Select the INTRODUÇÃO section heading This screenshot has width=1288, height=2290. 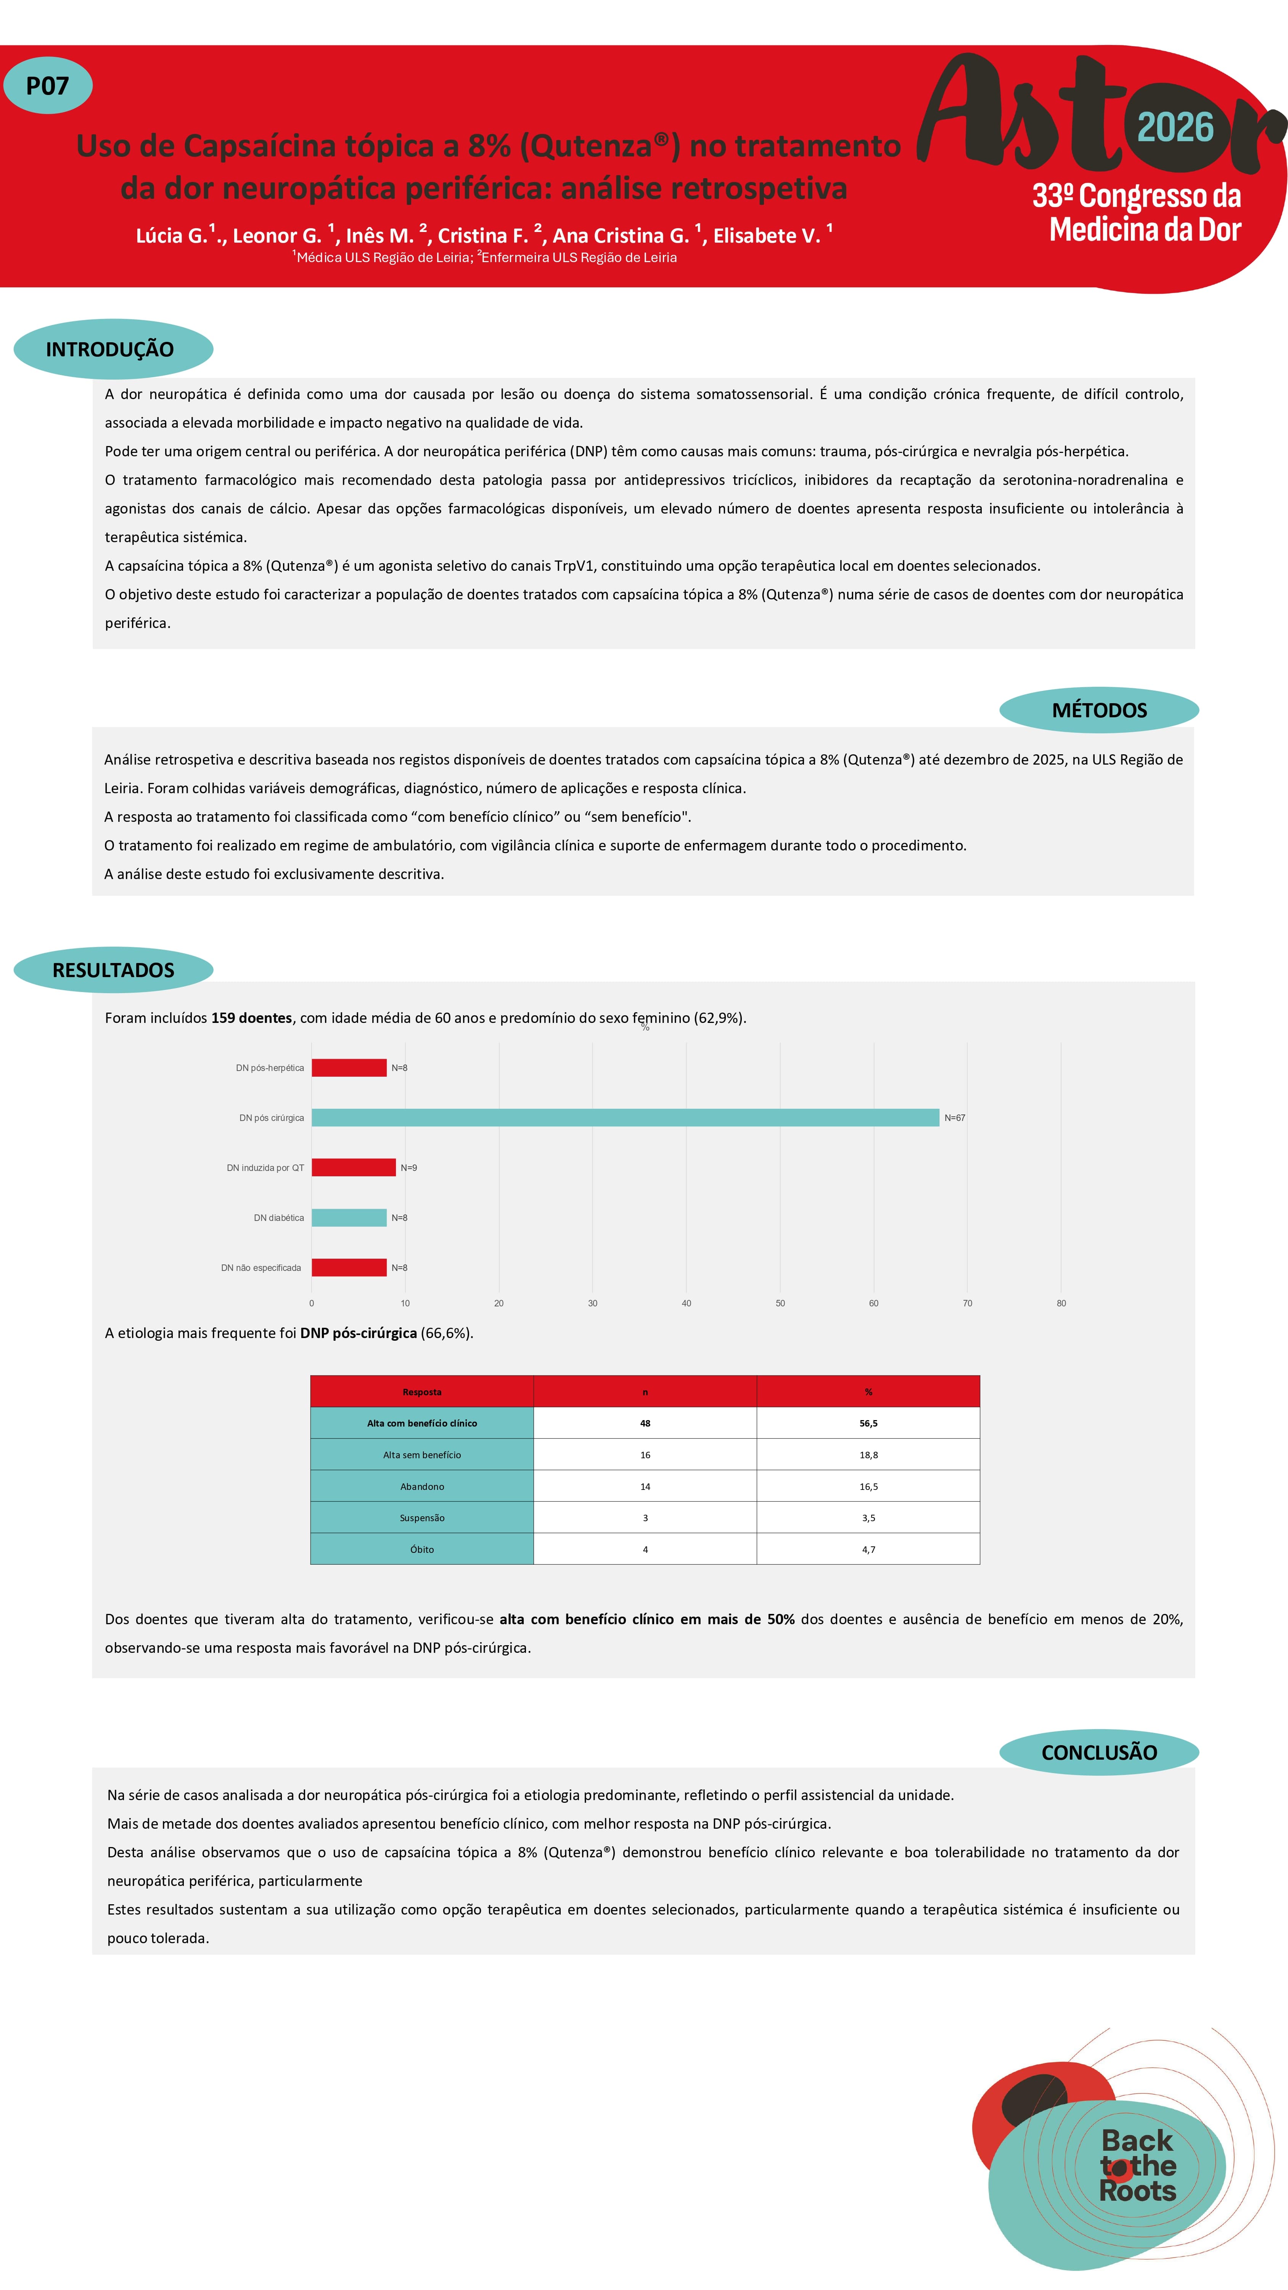tap(110, 349)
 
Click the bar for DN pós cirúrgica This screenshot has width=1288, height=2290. tap(625, 1118)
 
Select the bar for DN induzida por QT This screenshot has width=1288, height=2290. tap(353, 1167)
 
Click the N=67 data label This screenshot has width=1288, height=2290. tap(955, 1118)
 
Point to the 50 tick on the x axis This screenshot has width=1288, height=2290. tap(780, 1303)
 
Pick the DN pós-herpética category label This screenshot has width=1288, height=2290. tap(269, 1068)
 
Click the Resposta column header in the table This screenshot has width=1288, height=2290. tap(422, 1391)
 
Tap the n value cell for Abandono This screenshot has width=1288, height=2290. tap(645, 1486)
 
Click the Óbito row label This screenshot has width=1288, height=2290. tap(422, 1549)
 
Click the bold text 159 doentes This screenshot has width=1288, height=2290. tap(252, 1018)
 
